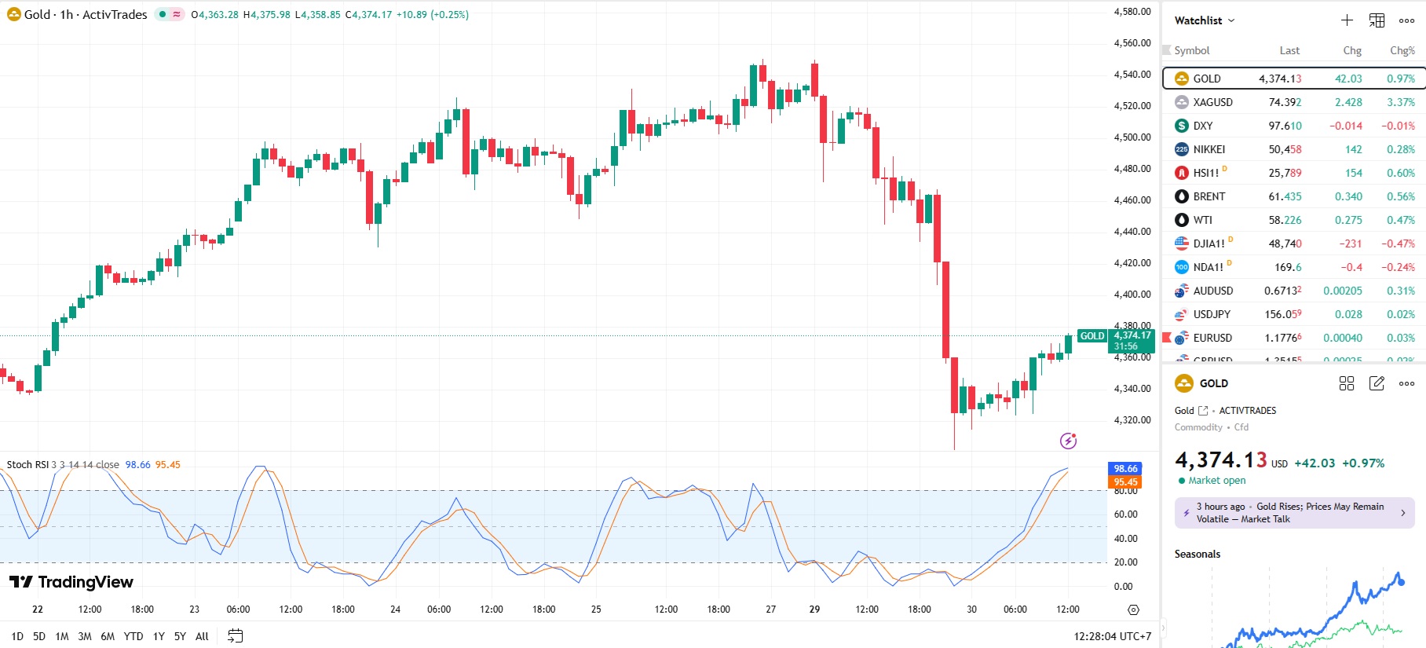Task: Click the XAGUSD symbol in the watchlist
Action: (x=1212, y=102)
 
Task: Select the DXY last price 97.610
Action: (x=1285, y=126)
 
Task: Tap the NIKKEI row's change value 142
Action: (x=1353, y=149)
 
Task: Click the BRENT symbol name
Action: (x=1208, y=196)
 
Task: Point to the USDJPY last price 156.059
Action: (x=1282, y=314)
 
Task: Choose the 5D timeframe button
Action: (x=39, y=636)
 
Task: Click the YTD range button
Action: (x=133, y=636)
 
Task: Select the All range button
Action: (x=202, y=636)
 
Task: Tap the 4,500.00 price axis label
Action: (x=1132, y=137)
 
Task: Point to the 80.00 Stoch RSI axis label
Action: (x=1125, y=491)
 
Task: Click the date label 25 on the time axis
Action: (x=596, y=610)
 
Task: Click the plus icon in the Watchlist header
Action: (x=1347, y=20)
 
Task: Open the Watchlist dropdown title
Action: (x=1204, y=20)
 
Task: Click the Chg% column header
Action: (x=1402, y=50)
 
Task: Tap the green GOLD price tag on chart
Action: (x=1092, y=336)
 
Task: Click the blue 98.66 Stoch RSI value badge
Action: (x=1125, y=469)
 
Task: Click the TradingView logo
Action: (x=71, y=582)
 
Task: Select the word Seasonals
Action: (x=1197, y=554)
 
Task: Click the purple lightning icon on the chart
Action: (x=1068, y=441)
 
